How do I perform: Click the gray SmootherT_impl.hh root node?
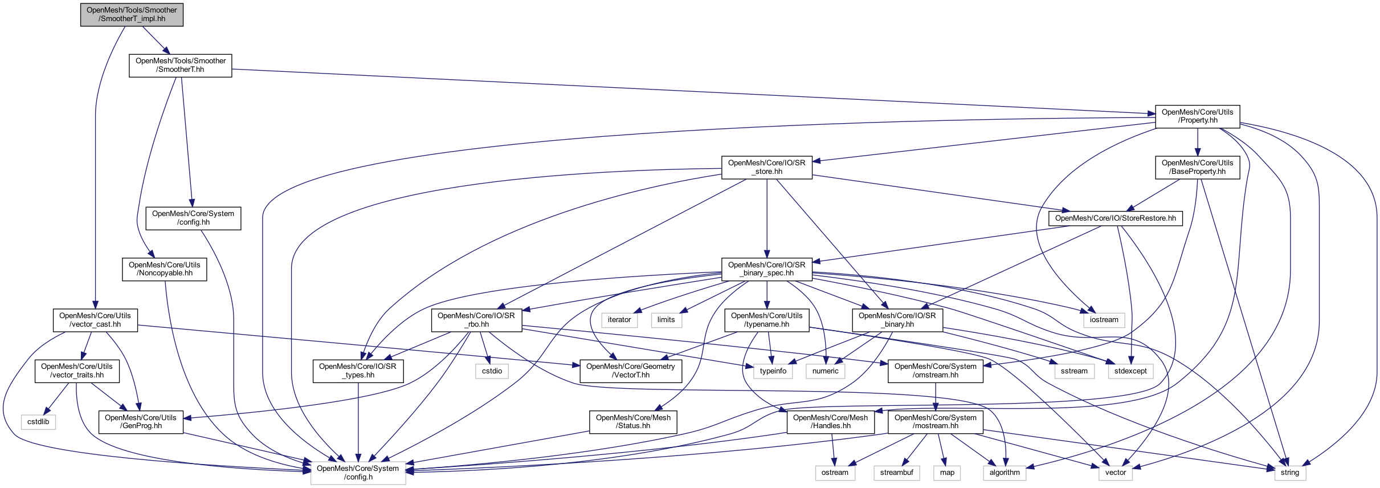tap(132, 15)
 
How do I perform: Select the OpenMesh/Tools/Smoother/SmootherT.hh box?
tap(181, 66)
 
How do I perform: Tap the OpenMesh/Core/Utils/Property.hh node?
tap(1197, 116)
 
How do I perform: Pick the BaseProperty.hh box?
tap(1197, 167)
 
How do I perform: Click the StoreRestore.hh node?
tap(1115, 218)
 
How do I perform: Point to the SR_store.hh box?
tap(766, 167)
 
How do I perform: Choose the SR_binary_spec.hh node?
tap(766, 269)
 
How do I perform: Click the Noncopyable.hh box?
tap(164, 269)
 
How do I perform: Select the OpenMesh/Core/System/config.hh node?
tap(193, 218)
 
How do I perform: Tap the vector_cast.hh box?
tap(95, 320)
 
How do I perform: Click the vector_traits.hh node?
tap(77, 371)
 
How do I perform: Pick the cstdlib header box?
tap(38, 422)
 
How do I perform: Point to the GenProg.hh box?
tap(141, 422)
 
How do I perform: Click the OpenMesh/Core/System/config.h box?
tap(358, 473)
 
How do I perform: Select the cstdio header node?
tap(492, 371)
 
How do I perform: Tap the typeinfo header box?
tap(773, 371)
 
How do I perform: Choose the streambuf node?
tap(896, 473)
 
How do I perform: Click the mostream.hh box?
tap(935, 422)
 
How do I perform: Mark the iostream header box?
tap(1104, 320)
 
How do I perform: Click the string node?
tap(1289, 473)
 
